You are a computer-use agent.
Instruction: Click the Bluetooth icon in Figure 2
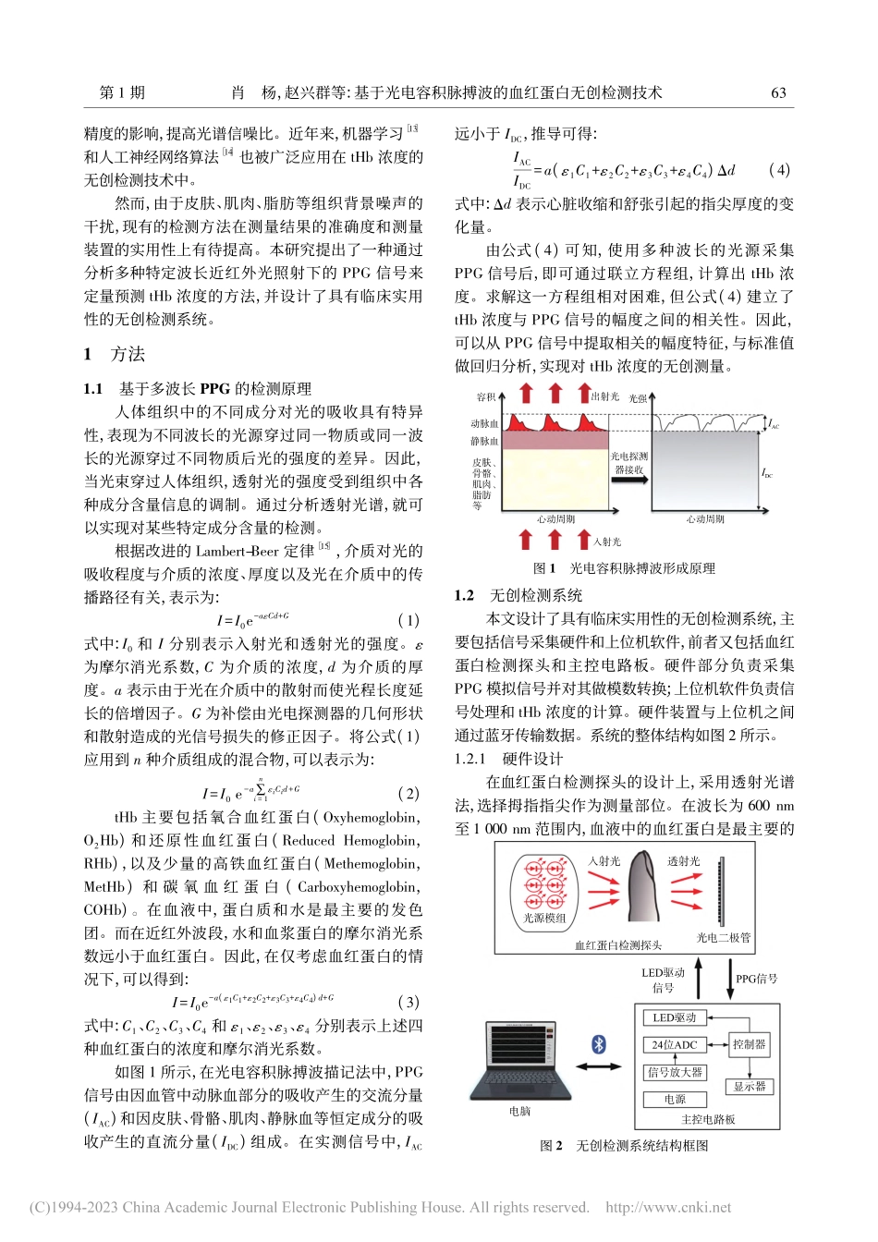click(x=599, y=1044)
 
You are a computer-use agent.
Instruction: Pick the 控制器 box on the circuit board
click(x=749, y=1044)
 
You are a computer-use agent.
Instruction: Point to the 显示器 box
click(x=749, y=1087)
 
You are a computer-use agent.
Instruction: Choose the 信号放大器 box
click(x=675, y=1072)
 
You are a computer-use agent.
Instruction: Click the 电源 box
click(x=675, y=1099)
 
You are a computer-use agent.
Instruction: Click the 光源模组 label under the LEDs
click(x=544, y=918)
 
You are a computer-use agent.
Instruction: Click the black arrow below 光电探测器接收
click(x=629, y=482)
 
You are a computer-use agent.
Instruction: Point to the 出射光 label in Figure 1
click(x=605, y=396)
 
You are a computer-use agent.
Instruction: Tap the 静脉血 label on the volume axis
click(x=484, y=442)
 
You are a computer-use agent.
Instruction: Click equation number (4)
click(x=779, y=170)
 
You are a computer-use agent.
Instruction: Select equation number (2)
click(x=408, y=793)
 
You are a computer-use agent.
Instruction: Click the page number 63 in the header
click(x=778, y=92)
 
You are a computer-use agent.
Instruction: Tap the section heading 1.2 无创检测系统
click(x=518, y=595)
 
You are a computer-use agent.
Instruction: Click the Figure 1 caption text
click(x=624, y=568)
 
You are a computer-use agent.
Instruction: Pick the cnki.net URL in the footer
click(x=667, y=1207)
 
